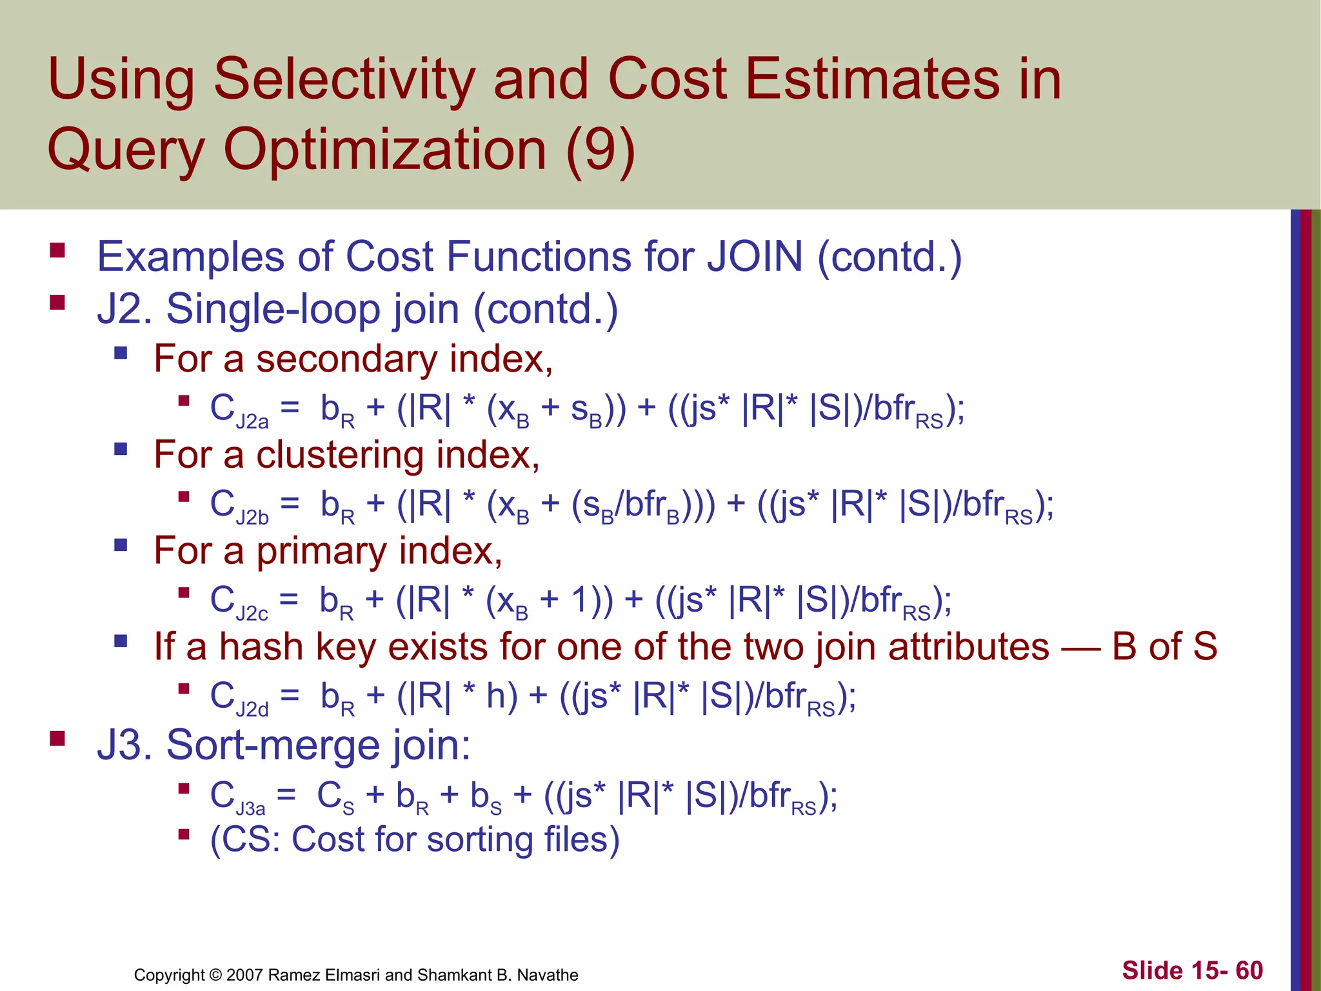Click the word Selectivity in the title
(345, 81)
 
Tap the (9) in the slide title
(601, 150)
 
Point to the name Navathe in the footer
(548, 975)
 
